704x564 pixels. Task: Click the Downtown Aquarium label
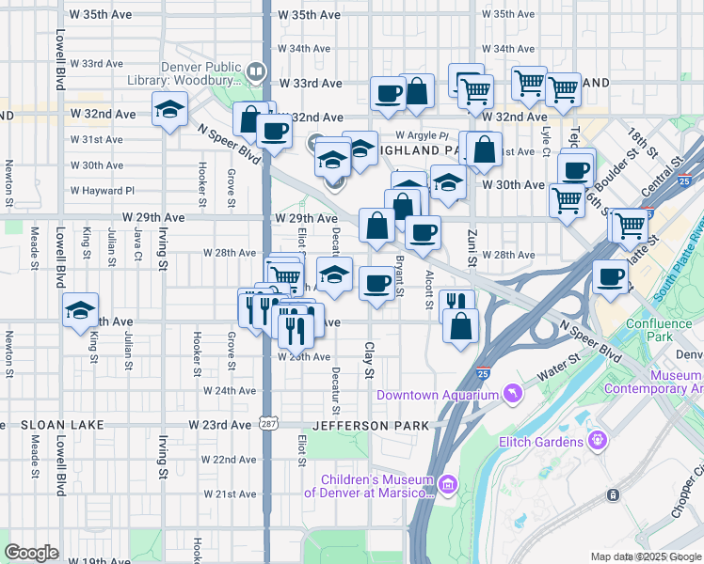click(x=438, y=395)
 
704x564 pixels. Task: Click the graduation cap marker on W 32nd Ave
click(x=169, y=110)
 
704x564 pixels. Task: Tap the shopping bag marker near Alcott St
click(x=461, y=327)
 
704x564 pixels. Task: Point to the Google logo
click(x=32, y=553)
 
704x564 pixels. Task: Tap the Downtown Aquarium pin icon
click(x=513, y=392)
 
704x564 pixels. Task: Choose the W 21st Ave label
click(x=230, y=494)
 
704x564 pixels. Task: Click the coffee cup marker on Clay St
click(x=377, y=283)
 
